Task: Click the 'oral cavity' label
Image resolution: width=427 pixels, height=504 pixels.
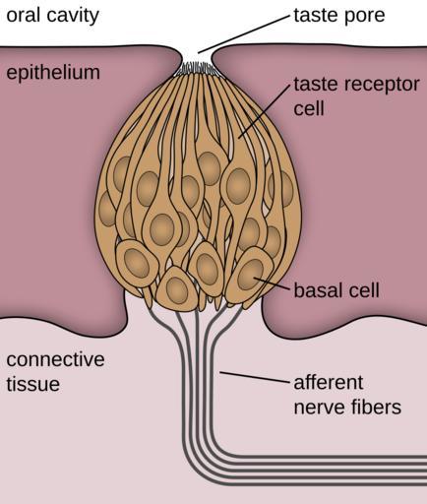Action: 52,16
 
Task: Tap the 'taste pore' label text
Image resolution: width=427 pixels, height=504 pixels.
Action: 339,16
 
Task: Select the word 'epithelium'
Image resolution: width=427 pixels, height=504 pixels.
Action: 53,73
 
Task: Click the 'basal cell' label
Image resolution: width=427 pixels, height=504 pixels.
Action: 336,290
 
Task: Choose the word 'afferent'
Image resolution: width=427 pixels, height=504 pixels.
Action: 329,382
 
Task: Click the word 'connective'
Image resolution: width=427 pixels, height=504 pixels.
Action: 55,359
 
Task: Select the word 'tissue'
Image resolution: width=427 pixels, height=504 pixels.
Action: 33,384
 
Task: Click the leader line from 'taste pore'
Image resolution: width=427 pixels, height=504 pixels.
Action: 244,34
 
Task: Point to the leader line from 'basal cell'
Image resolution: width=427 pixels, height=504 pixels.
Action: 273,283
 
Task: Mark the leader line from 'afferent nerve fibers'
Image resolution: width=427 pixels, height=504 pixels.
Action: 255,377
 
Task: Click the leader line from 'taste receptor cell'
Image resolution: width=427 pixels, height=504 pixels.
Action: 265,111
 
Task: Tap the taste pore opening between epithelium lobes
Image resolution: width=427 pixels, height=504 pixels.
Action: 197,56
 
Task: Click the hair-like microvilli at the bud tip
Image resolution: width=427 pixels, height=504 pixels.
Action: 197,69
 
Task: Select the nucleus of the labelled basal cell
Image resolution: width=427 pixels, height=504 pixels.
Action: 251,275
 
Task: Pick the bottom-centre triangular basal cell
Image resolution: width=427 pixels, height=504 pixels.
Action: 177,286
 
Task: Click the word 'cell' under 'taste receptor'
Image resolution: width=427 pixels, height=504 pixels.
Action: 309,108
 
